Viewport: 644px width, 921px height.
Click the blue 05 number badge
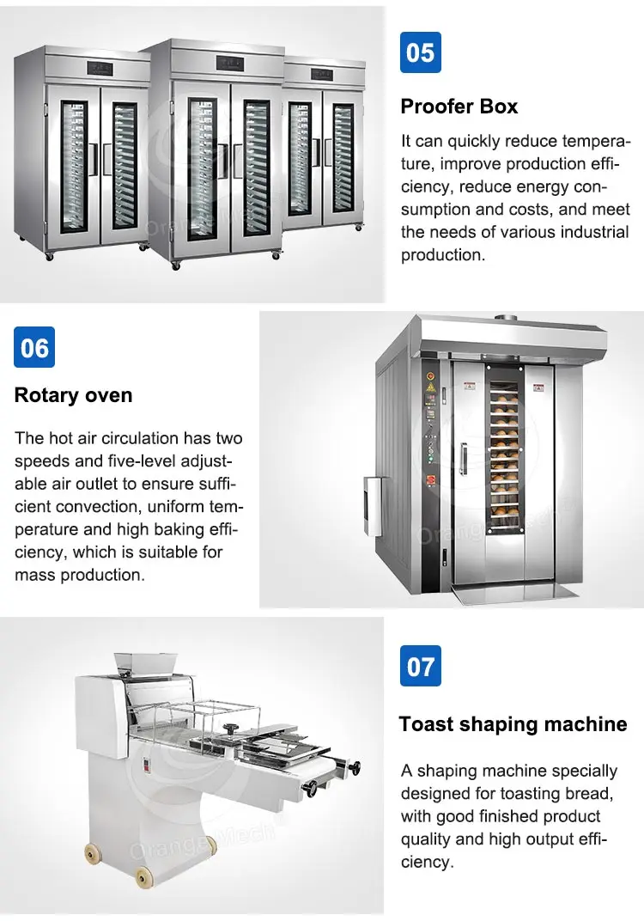421,52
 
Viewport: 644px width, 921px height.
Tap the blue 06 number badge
34,347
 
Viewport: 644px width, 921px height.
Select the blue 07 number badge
421,666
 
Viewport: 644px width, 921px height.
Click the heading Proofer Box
459,107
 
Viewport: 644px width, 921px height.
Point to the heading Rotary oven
73,395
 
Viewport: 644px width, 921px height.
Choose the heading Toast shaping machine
513,724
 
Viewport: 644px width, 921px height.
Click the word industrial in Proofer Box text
594,232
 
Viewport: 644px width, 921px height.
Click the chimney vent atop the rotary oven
506,318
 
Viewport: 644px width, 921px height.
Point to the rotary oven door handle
463,458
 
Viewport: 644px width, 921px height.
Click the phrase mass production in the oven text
79,575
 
